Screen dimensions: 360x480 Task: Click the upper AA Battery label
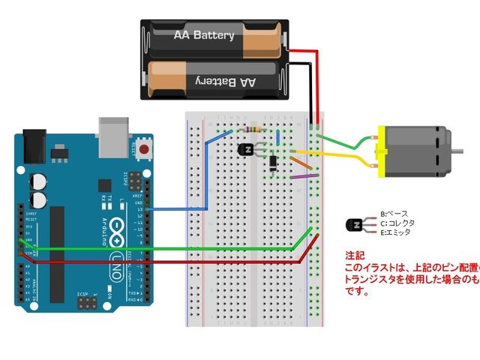(x=204, y=35)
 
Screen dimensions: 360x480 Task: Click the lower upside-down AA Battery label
(x=226, y=79)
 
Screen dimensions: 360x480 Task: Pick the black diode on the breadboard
(x=274, y=160)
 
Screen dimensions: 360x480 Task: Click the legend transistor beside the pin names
(x=356, y=224)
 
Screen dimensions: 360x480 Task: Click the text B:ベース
(x=394, y=214)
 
